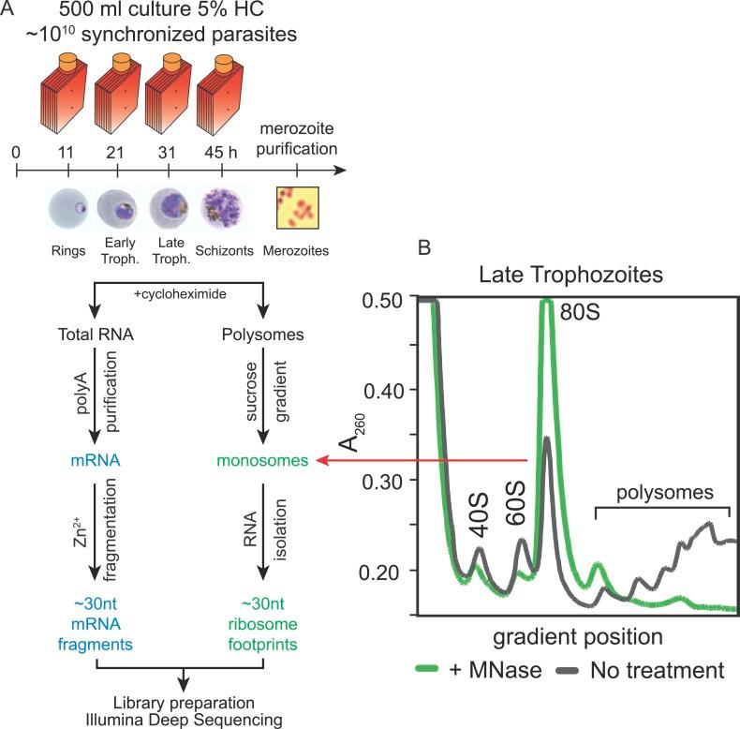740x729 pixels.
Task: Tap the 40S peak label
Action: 479,521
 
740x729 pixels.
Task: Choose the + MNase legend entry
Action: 474,670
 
